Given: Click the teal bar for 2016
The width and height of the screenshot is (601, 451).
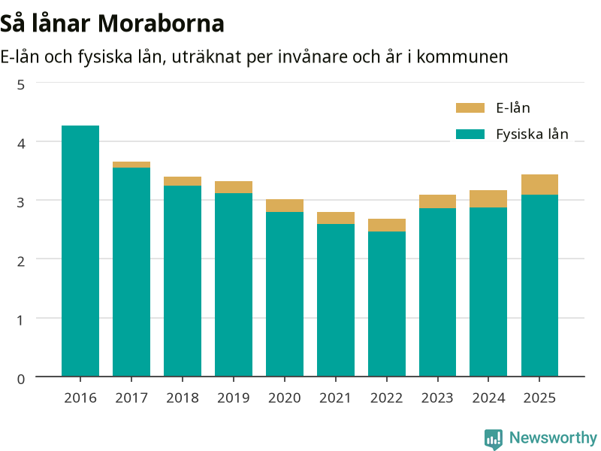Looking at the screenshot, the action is point(80,251).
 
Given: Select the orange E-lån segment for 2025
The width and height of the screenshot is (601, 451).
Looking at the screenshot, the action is point(539,184).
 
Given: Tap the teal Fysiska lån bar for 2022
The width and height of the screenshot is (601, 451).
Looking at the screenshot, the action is point(387,304).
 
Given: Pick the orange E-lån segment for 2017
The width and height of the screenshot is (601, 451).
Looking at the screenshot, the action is point(131,165).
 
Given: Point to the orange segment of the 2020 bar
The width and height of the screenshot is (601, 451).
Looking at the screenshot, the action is point(285,205).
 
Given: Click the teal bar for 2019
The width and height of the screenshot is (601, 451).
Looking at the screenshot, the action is point(234,285).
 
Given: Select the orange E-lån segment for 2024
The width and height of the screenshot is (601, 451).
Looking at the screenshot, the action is point(488,198).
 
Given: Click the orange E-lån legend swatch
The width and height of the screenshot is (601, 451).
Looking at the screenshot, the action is point(470,107).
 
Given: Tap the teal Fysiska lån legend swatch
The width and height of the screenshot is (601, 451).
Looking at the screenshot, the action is point(470,134).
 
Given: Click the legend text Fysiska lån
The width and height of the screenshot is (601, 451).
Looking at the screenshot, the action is point(532,135).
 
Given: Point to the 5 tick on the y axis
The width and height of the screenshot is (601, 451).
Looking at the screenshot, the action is point(21,85).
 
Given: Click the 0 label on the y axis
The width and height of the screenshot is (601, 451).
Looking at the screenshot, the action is point(21,379).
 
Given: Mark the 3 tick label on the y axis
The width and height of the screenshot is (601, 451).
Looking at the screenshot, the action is point(21,202).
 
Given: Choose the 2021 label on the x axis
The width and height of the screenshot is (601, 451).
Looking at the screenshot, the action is point(335,398).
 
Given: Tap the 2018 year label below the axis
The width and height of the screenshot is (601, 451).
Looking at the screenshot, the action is point(183,398).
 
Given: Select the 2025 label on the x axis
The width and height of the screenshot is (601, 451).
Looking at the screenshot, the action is point(539,398).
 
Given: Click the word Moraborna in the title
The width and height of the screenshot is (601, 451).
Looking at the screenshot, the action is point(161,23).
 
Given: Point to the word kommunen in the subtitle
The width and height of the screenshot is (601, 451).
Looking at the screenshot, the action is point(462,57).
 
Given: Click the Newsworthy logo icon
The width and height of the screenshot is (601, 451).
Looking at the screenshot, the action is point(494,439).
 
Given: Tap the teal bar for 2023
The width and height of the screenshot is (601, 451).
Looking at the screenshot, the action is point(438,292).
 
